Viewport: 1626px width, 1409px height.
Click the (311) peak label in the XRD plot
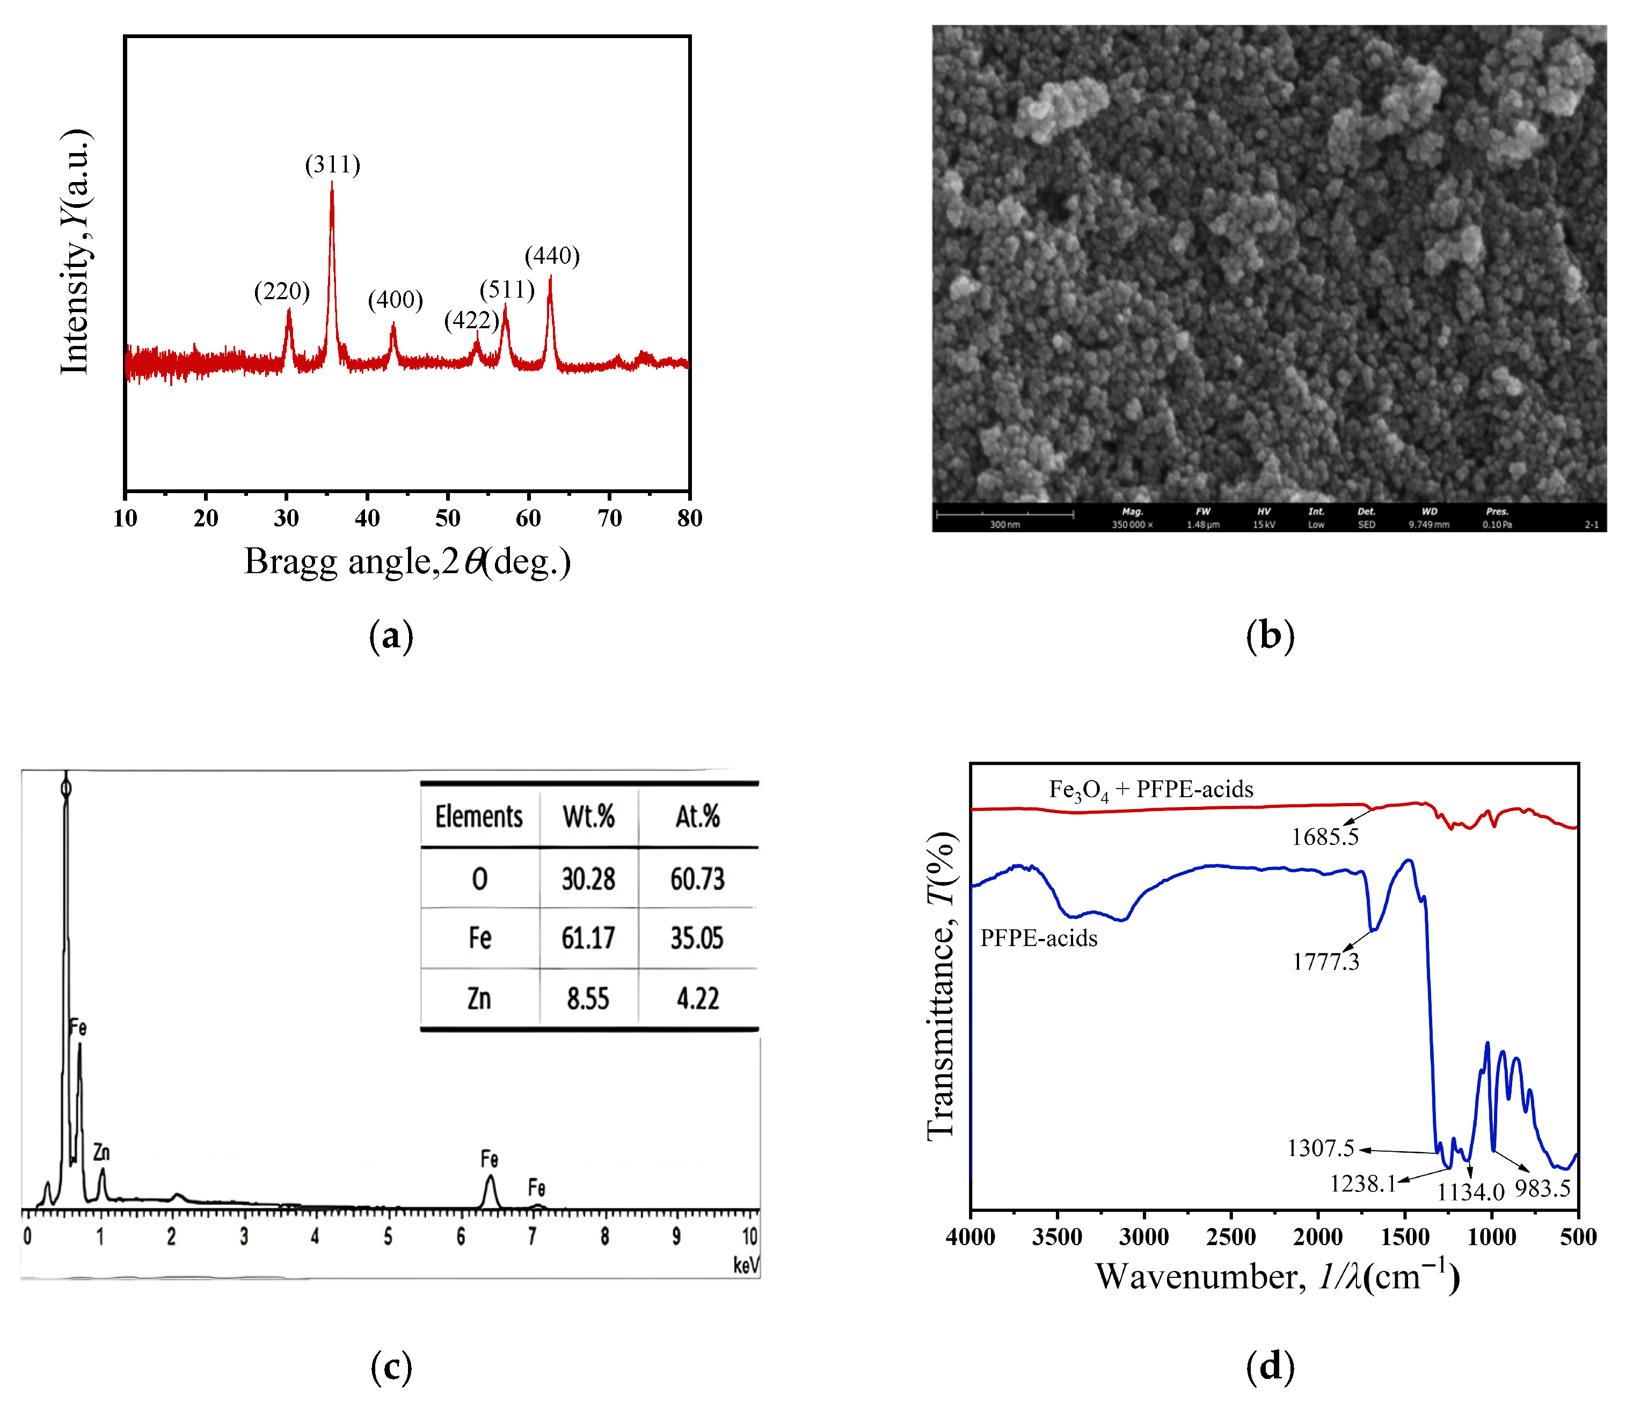(332, 164)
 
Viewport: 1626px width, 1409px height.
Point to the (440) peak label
(552, 256)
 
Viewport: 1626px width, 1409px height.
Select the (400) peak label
(395, 300)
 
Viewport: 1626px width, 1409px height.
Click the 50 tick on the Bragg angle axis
(448, 518)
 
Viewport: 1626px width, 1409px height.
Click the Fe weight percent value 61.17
(588, 938)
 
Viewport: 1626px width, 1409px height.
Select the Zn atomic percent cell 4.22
(698, 999)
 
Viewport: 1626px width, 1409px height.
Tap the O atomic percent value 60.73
(697, 878)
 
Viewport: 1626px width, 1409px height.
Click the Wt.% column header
(589, 816)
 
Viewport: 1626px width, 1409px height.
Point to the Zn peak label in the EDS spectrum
(101, 1153)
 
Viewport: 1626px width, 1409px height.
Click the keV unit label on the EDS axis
(746, 1265)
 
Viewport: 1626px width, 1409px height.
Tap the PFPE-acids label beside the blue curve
(1038, 938)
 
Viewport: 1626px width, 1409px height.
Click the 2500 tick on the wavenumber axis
(1231, 1237)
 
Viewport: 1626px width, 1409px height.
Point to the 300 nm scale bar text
(1004, 524)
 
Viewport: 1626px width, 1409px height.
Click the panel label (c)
(391, 1367)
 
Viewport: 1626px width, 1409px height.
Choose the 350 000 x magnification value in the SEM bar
(1132, 524)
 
